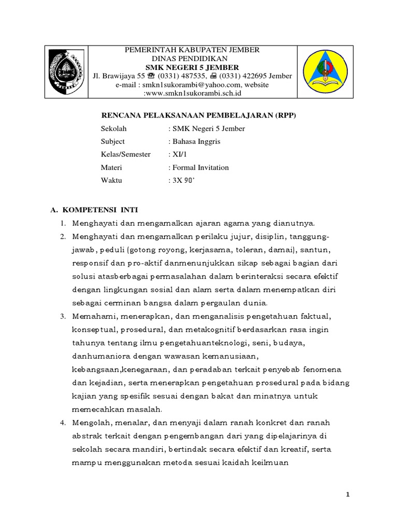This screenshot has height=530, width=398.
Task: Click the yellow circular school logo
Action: pyautogui.click(x=325, y=72)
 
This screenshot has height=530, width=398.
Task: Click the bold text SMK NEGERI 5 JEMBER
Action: pyautogui.click(x=192, y=67)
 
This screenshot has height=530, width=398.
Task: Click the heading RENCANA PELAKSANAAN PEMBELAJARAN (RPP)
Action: pyautogui.click(x=198, y=115)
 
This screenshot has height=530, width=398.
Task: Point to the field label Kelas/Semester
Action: pyautogui.click(x=126, y=154)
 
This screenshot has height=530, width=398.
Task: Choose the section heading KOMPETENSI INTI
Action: pyautogui.click(x=100, y=210)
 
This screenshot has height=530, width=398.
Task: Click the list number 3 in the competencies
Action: pyautogui.click(x=62, y=316)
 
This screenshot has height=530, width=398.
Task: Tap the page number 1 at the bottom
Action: pyautogui.click(x=349, y=495)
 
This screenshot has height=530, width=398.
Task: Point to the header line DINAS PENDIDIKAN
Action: pyautogui.click(x=192, y=58)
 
